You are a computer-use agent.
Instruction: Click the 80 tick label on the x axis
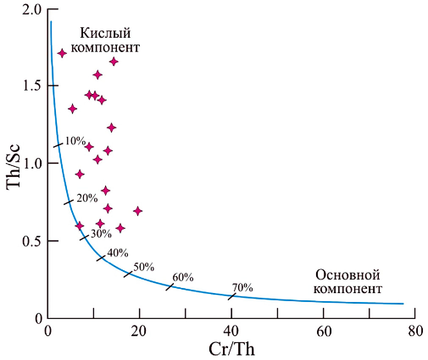[x=414, y=331]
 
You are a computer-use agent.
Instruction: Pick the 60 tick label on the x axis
[x=323, y=331]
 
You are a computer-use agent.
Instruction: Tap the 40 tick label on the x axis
[x=231, y=331]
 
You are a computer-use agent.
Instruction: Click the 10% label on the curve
[x=76, y=141]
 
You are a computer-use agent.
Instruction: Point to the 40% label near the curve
[x=117, y=253]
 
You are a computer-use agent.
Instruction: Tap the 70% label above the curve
[x=242, y=288]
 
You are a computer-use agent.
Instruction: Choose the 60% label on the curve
[x=183, y=277]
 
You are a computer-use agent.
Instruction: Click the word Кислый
[x=105, y=32]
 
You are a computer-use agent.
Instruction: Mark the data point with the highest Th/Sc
[x=62, y=53]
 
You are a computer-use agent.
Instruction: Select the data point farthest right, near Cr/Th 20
[x=138, y=211]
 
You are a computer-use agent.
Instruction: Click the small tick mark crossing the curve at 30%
[x=84, y=237]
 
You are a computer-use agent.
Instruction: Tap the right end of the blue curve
[x=403, y=303]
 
